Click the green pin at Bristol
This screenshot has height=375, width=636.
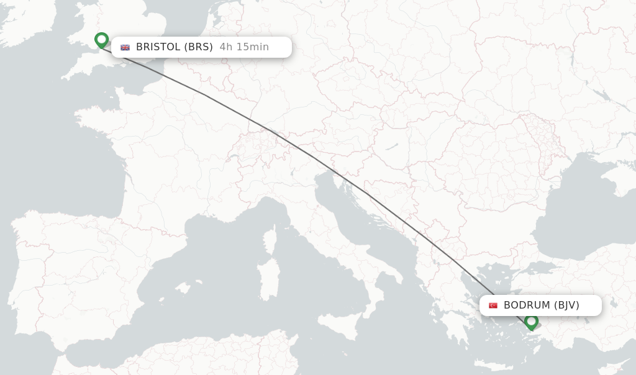tap(101, 40)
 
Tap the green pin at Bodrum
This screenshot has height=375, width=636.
tap(531, 322)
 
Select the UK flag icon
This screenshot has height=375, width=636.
tap(125, 47)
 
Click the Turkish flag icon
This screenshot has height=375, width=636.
tap(493, 305)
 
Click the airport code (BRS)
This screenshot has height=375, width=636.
tap(198, 47)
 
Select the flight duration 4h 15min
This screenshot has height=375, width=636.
tap(244, 47)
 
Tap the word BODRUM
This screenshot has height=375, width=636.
tap(527, 305)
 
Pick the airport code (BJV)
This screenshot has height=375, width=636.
tap(566, 305)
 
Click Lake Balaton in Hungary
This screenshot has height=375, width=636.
tap(391, 147)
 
